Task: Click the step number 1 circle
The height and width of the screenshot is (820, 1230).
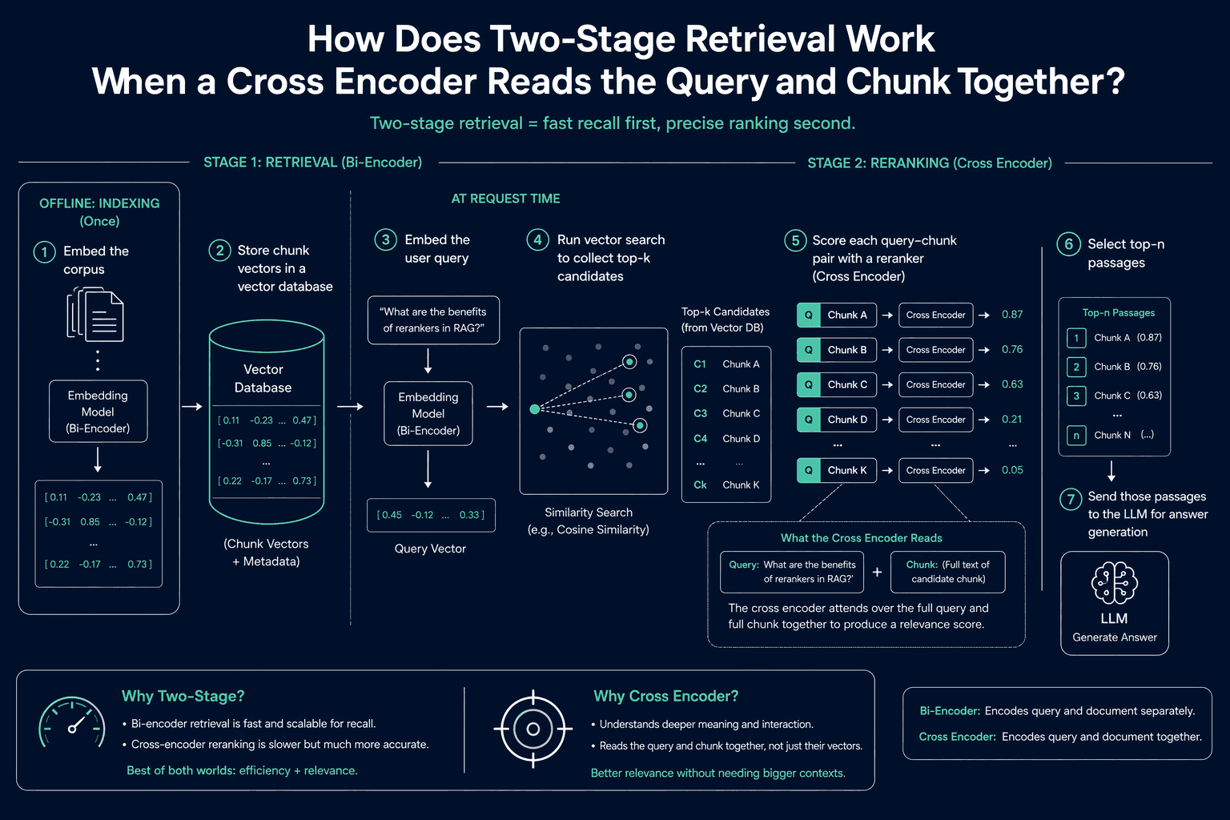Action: (45, 252)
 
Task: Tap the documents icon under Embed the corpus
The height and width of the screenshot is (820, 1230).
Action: (95, 315)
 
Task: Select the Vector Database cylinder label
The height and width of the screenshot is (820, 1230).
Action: (263, 379)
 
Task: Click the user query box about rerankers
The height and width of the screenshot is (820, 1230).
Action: (433, 320)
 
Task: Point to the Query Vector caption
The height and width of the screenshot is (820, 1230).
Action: (430, 549)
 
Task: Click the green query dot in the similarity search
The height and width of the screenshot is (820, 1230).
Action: (534, 408)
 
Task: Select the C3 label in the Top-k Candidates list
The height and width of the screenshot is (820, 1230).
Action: (700, 413)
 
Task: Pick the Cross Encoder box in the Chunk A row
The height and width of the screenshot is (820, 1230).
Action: (935, 315)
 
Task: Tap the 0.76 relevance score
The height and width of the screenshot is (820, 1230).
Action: (1012, 349)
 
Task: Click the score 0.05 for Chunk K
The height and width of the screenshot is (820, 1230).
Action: (1012, 470)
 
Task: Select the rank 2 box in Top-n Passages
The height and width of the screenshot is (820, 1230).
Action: (1076, 367)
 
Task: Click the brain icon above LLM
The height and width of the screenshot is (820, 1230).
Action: (1114, 583)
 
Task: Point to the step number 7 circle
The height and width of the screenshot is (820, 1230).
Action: (1070, 499)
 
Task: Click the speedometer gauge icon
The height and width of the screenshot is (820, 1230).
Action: (72, 723)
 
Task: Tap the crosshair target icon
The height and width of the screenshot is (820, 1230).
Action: (533, 729)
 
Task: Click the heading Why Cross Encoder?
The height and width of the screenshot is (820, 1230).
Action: (665, 697)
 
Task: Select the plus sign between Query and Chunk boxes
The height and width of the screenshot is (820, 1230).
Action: (877, 572)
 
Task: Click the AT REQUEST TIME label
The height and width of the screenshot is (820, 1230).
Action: (505, 199)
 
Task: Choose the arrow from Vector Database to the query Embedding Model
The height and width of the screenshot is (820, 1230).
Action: (350, 407)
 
